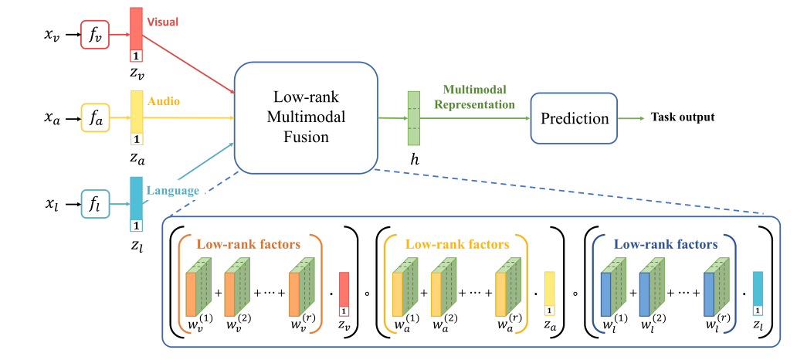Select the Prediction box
(575, 118)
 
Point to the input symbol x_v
(51, 35)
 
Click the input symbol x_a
(51, 119)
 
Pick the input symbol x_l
(51, 205)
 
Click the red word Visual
(162, 22)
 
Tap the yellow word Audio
(164, 100)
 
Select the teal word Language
(175, 190)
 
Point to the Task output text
(683, 117)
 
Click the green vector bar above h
(414, 117)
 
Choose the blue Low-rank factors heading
(665, 244)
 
